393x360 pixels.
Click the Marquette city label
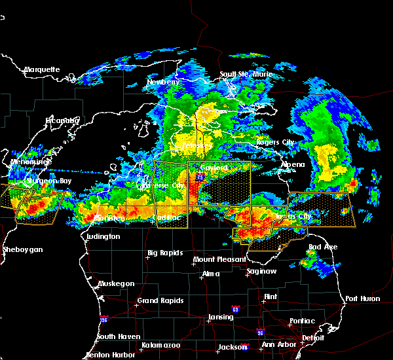point(42,69)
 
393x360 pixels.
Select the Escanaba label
point(62,120)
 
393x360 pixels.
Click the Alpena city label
point(293,164)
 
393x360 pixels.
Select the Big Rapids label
point(164,253)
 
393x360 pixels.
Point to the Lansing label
point(220,317)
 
